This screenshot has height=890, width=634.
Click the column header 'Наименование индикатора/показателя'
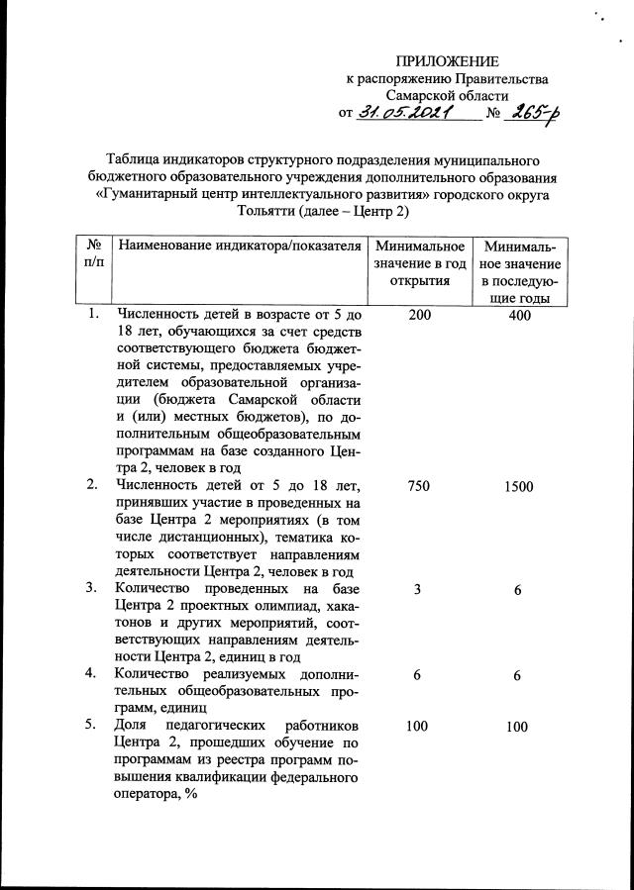tap(238, 246)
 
